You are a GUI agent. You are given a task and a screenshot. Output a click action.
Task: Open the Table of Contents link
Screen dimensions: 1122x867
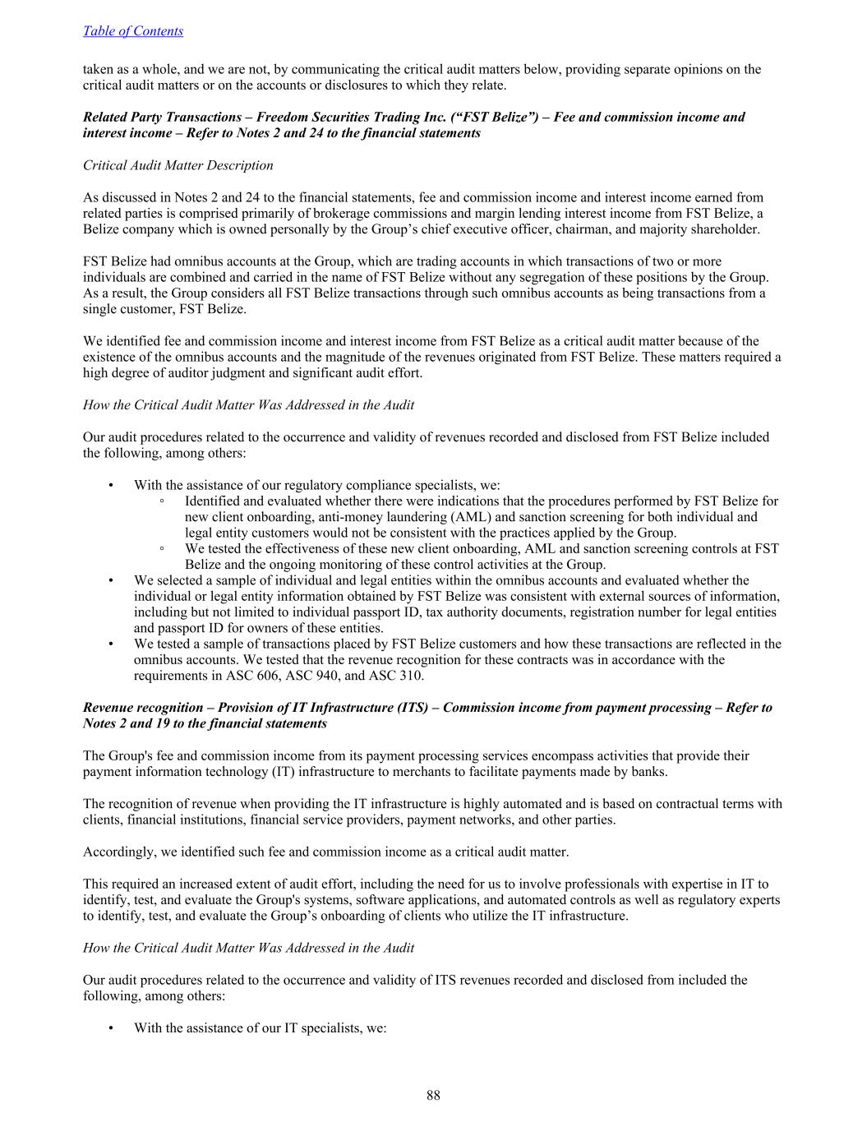[133, 31]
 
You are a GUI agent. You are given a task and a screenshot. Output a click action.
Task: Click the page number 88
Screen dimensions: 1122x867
[433, 1095]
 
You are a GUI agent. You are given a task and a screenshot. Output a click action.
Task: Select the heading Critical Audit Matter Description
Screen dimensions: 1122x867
[178, 165]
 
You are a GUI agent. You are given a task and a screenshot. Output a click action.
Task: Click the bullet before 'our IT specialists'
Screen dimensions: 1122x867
[111, 1028]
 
